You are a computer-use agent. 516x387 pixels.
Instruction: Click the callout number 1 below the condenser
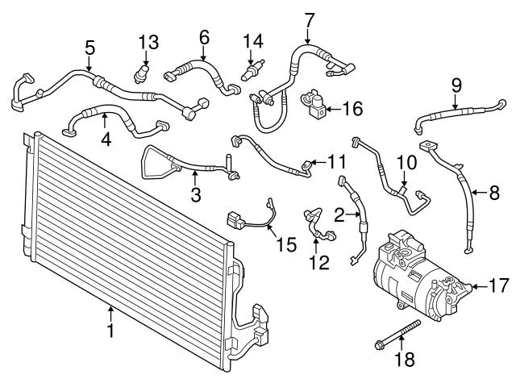110,330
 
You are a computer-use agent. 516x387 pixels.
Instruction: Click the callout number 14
253,40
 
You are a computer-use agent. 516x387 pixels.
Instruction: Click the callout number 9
456,83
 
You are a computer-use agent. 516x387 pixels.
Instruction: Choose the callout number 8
494,192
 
